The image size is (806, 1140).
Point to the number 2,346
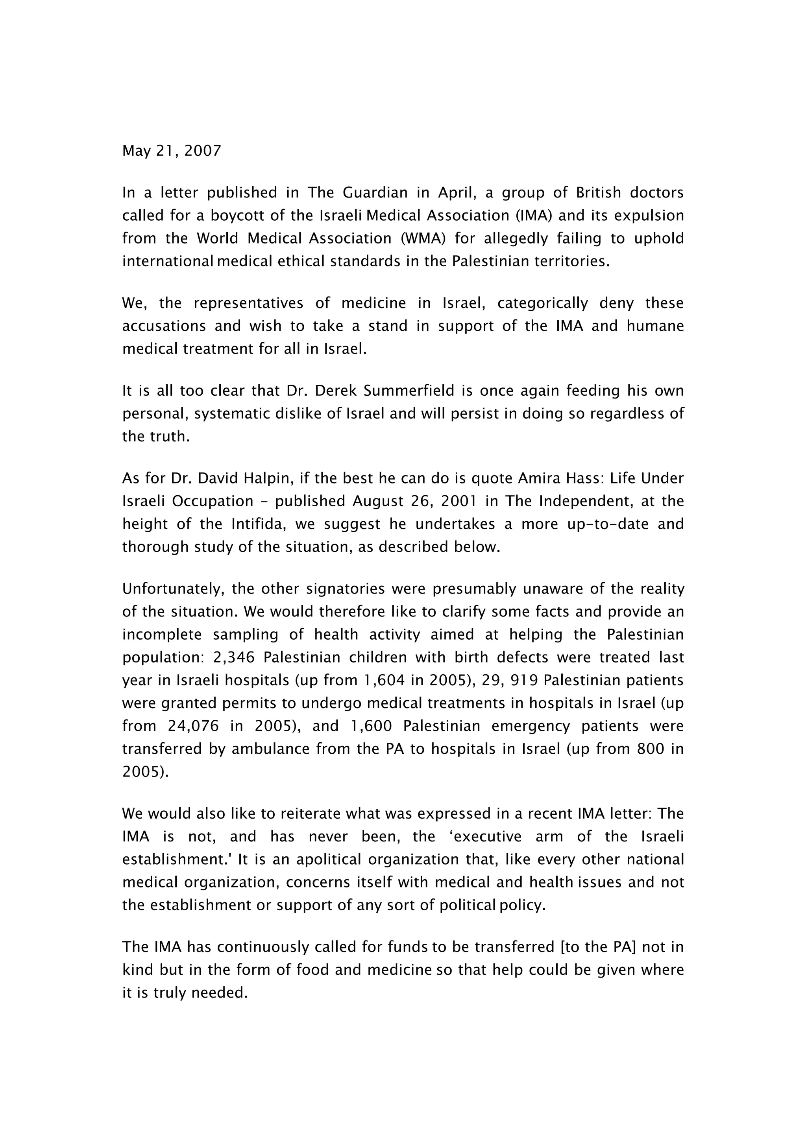[233, 657]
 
